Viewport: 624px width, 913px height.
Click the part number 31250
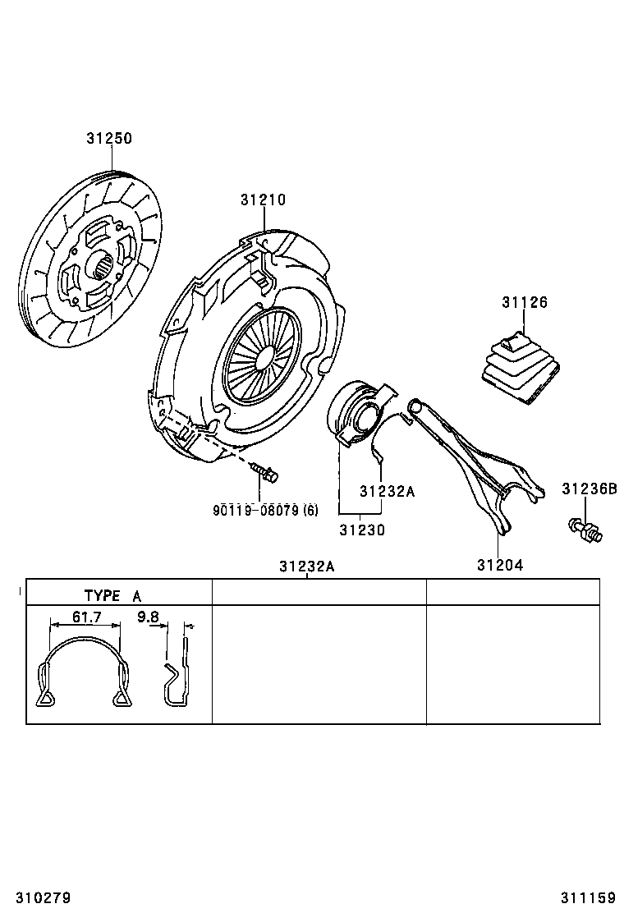pos(109,139)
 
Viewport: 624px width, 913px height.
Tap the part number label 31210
pos(263,200)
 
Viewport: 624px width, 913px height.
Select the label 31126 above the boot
pos(524,302)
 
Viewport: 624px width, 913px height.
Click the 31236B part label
pos(589,489)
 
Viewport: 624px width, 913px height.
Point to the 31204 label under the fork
pos(499,565)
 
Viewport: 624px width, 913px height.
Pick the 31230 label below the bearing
pos(361,530)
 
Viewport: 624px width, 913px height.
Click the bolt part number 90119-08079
pos(265,511)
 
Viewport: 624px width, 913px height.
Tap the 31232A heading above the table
pos(305,567)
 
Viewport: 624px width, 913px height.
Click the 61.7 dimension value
pos(85,617)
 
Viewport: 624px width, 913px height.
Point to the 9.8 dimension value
pos(148,617)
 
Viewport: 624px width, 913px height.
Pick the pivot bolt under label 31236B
pos(584,530)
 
